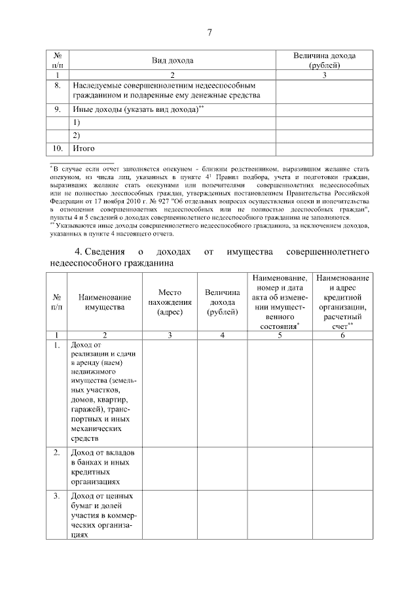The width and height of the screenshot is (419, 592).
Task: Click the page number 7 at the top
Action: coord(209,33)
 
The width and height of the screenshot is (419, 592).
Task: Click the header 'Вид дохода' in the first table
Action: coord(173,61)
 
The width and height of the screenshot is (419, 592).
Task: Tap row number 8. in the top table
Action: coord(58,85)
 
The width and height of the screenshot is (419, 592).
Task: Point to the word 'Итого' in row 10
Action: coord(84,149)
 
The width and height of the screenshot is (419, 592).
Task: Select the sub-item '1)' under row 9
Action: coord(77,123)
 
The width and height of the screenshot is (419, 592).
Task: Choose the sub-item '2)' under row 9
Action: coord(77,136)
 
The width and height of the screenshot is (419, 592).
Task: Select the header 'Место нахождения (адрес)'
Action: coord(170,302)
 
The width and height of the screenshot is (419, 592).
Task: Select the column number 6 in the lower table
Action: coord(342,335)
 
